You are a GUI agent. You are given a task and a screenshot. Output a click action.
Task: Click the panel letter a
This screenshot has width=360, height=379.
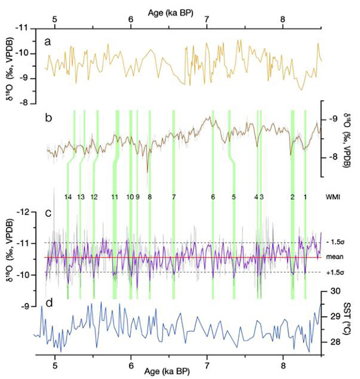point(49,41)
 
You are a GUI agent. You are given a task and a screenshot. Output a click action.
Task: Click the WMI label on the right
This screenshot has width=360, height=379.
point(334,197)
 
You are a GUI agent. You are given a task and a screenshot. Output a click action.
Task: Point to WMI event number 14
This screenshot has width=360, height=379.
point(68,197)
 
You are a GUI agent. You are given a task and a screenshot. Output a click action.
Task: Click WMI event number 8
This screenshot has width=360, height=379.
point(149,197)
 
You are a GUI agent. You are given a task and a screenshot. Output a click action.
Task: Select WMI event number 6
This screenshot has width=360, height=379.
point(213,197)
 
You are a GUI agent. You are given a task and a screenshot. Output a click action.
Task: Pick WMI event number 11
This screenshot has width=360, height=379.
point(115,197)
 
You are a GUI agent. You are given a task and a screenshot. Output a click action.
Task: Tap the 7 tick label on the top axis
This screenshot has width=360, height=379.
point(207,19)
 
